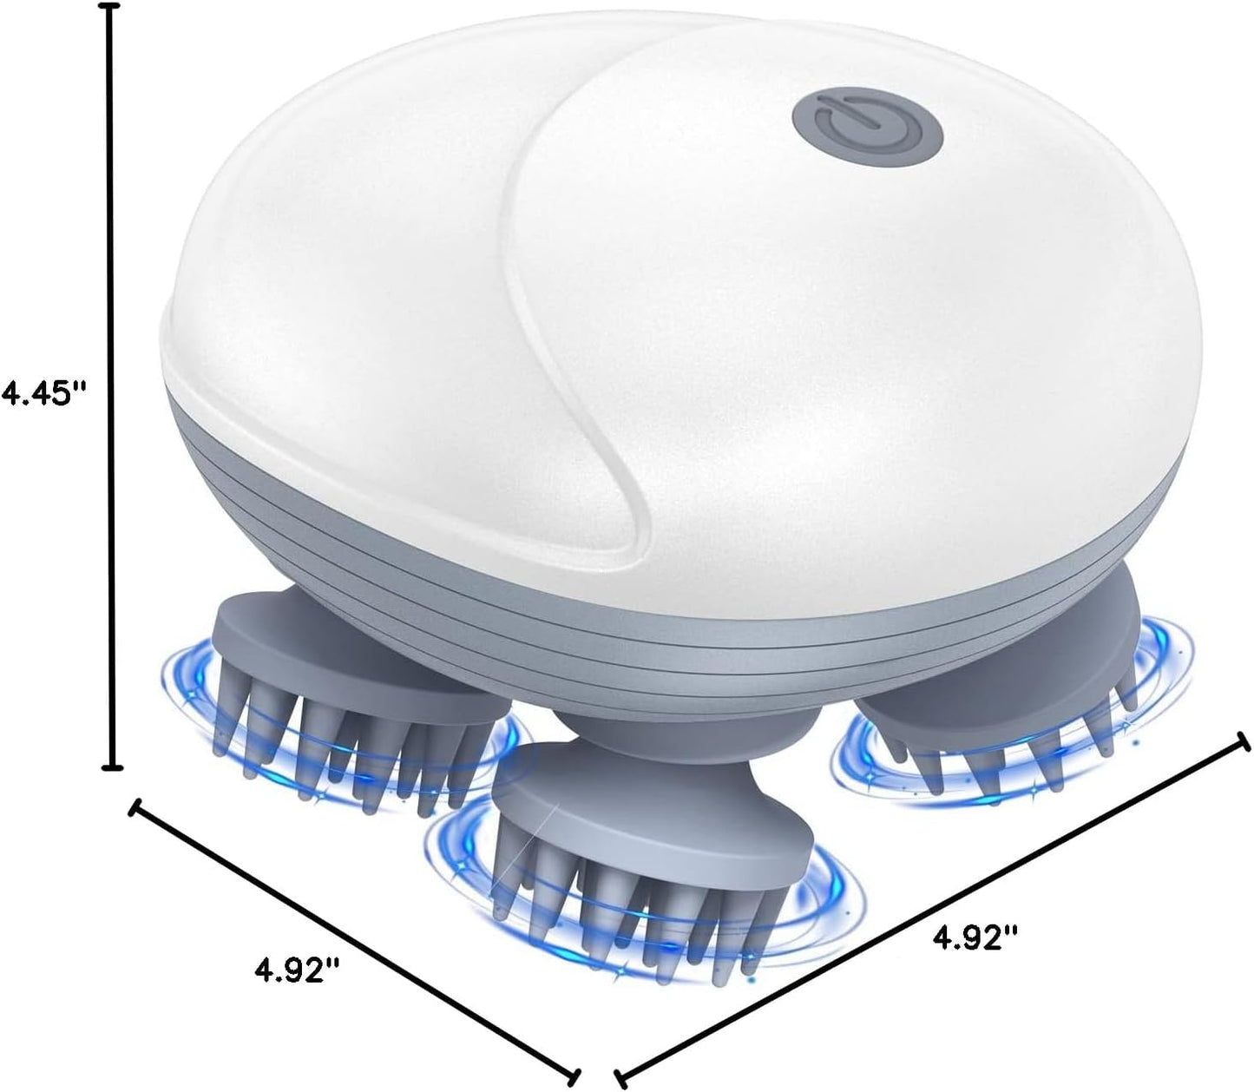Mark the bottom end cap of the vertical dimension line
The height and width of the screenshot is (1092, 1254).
point(112,766)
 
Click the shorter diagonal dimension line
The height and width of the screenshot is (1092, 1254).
point(347,937)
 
